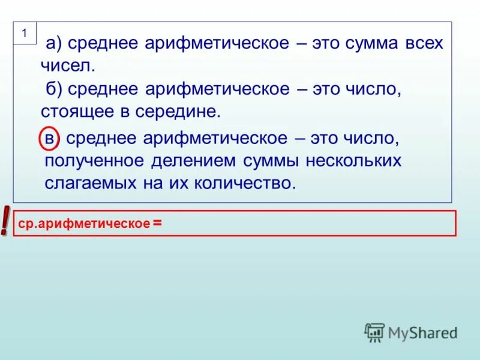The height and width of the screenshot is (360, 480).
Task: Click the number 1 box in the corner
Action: (25, 34)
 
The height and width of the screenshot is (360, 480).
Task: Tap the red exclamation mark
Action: (5, 221)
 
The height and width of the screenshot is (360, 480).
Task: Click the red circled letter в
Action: (50, 139)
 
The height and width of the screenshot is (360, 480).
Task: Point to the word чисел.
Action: (68, 64)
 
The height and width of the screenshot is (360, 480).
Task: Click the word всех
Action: (422, 44)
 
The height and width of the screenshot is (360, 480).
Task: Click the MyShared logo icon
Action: (374, 332)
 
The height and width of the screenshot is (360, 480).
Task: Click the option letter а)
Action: (55, 44)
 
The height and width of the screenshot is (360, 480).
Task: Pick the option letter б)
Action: (55, 89)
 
